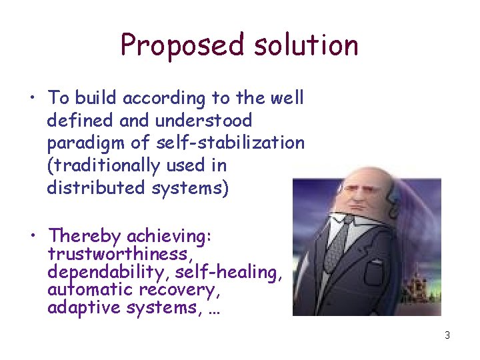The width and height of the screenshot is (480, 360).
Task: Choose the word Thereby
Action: point(85,236)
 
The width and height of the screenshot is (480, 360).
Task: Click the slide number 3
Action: point(447,335)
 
